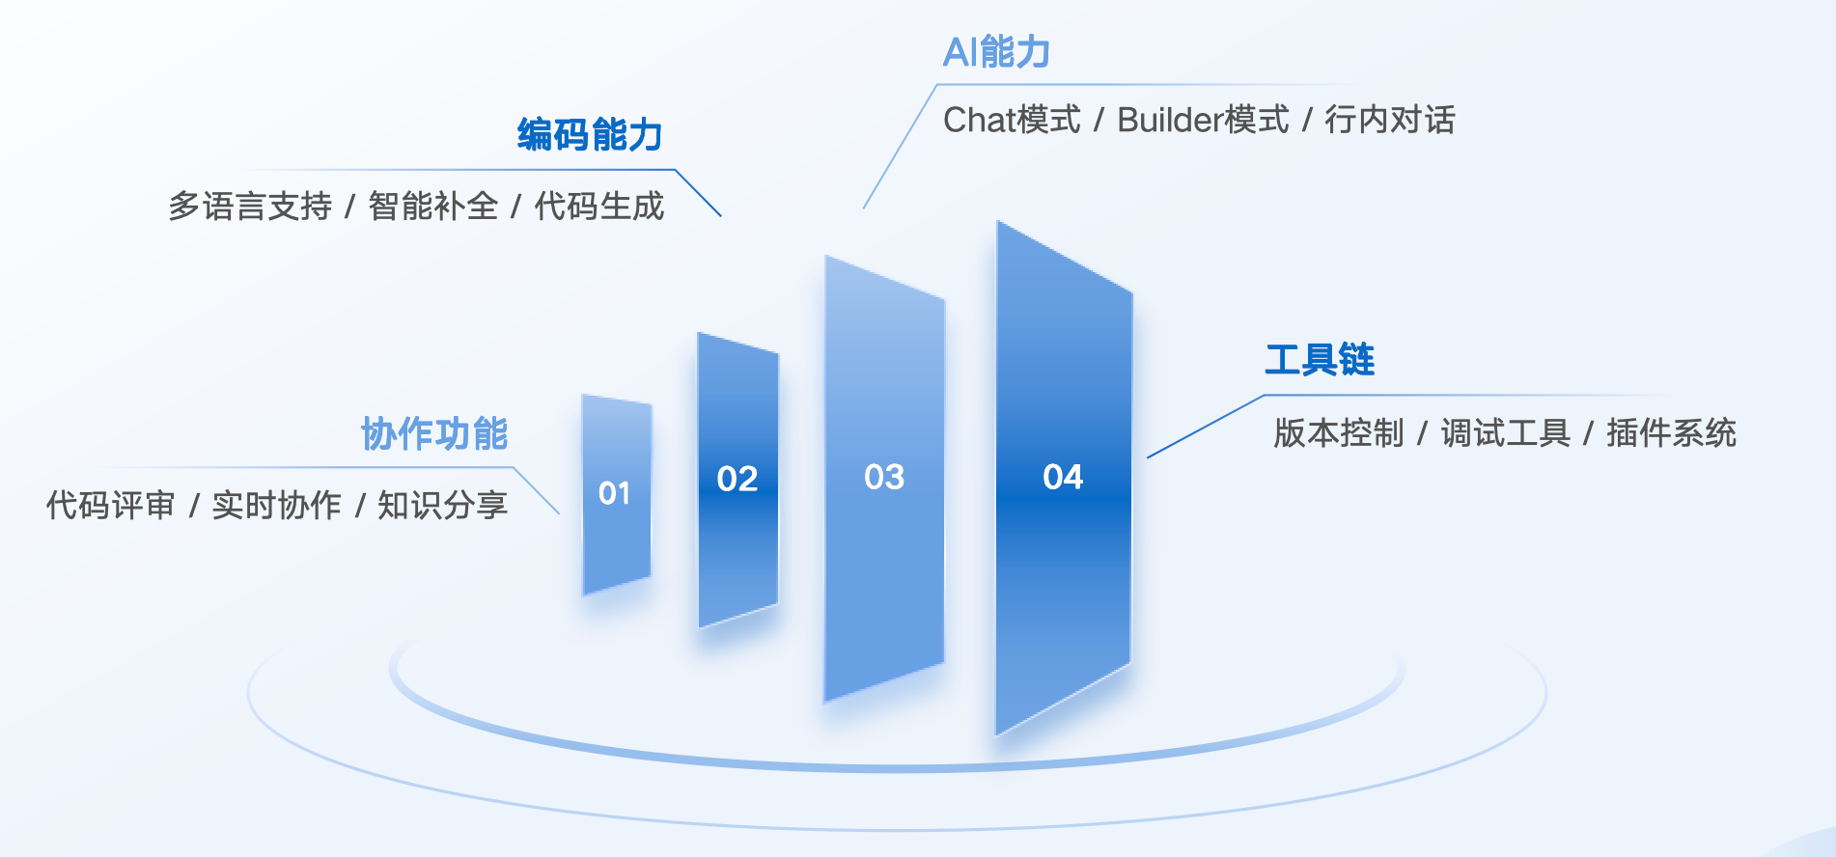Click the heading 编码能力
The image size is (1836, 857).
click(590, 135)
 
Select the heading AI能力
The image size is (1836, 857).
click(996, 52)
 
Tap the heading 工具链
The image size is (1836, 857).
click(1320, 359)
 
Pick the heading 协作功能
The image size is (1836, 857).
click(434, 434)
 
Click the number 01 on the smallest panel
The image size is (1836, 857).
click(614, 493)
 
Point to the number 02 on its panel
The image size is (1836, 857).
click(737, 479)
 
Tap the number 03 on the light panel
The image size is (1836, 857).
click(884, 477)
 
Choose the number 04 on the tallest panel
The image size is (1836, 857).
click(1063, 477)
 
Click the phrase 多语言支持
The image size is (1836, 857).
click(250, 206)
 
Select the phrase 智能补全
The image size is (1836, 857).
click(433, 206)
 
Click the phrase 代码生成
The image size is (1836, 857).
click(599, 206)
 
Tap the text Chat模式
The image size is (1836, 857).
click(1012, 120)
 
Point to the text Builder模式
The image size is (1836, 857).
click(1203, 120)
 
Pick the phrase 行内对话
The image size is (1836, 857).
click(1390, 120)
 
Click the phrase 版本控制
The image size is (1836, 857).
click(1339, 433)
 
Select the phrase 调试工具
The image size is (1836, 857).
click(1506, 433)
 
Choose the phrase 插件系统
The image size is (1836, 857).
click(1672, 433)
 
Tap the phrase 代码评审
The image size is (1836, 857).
click(111, 505)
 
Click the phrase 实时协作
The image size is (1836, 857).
click(277, 505)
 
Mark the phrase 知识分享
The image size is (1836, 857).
click(443, 505)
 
